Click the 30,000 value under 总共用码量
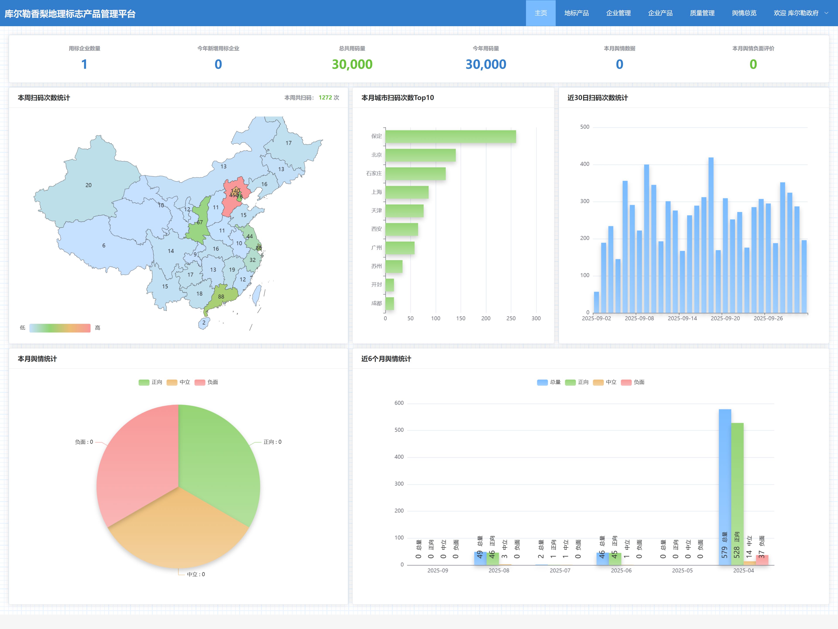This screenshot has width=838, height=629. pyautogui.click(x=352, y=64)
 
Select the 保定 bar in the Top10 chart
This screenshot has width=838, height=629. pyautogui.click(x=450, y=136)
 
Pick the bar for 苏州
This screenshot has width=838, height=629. pyautogui.click(x=394, y=266)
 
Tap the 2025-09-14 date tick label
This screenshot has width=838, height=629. pyautogui.click(x=682, y=318)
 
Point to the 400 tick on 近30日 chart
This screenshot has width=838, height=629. pyautogui.click(x=585, y=164)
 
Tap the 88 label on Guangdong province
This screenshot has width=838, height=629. pyautogui.click(x=221, y=297)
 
